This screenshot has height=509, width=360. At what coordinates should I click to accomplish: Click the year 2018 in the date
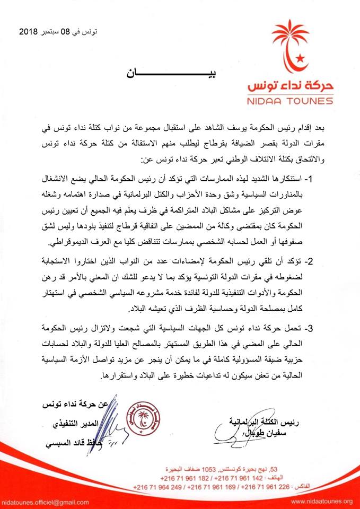click(28, 33)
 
